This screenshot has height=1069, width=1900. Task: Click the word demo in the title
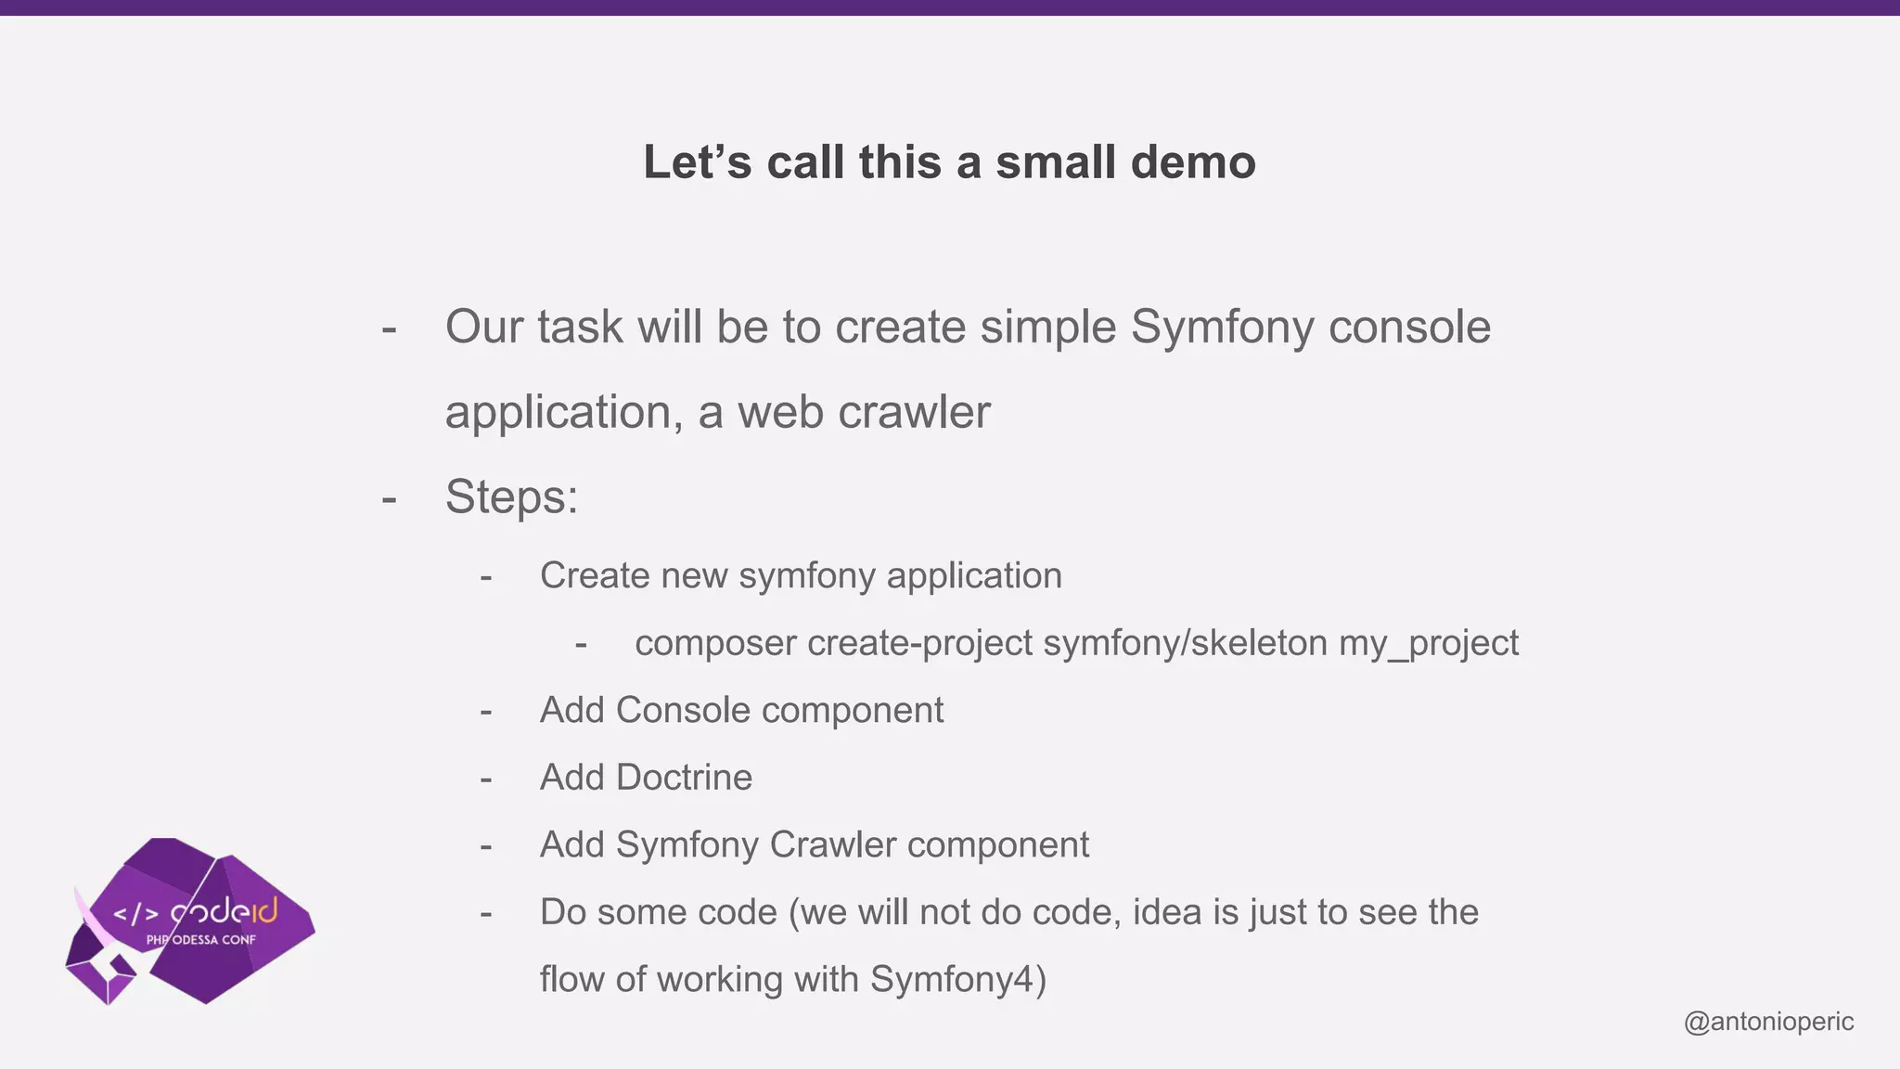[x=1192, y=162]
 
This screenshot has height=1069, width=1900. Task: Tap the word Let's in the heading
[x=697, y=162]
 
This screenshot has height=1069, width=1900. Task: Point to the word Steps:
[x=511, y=496]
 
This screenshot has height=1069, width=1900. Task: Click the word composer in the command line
[x=715, y=643]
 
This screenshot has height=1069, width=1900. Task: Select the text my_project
[x=1428, y=643]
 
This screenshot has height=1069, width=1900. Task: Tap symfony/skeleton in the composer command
[x=1185, y=643]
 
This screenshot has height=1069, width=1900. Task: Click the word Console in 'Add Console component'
[x=683, y=711]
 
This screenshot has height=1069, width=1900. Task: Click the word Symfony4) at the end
[x=958, y=980]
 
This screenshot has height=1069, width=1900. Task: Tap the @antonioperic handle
[x=1768, y=1022]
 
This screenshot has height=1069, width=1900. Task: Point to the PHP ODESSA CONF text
[x=201, y=940]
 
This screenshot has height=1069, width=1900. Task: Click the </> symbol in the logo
[x=135, y=914]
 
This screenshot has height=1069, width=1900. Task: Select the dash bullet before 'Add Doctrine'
[x=485, y=779]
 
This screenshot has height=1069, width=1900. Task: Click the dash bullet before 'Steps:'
[x=389, y=499]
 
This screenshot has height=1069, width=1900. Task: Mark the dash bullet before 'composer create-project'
[x=581, y=645]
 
